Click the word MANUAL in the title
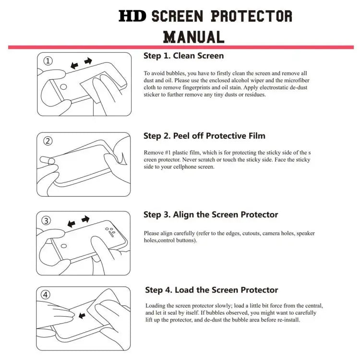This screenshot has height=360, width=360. (193, 37)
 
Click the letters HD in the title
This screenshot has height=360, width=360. (133, 16)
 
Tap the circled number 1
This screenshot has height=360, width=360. (48, 61)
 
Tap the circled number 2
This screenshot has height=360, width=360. (48, 141)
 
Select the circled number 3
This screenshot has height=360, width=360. (47, 221)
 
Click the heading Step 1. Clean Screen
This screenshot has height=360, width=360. (183, 56)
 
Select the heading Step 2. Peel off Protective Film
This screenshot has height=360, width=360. (204, 136)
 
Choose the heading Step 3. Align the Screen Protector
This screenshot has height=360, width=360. (211, 215)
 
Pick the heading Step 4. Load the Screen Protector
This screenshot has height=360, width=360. (211, 290)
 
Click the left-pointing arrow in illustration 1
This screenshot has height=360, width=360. (74, 65)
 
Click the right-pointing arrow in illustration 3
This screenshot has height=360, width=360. (86, 219)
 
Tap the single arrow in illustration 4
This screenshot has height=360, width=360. (82, 315)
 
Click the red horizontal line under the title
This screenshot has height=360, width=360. (180, 47)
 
